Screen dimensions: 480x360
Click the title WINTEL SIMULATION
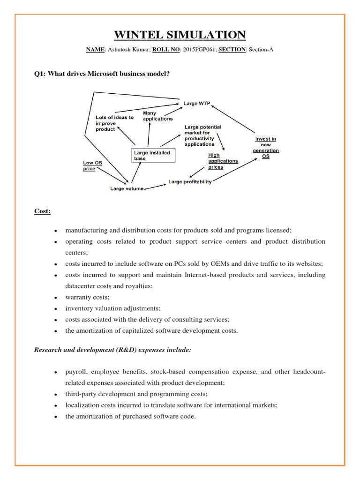click(180, 35)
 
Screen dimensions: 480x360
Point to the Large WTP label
click(196, 103)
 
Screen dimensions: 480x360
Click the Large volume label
click(127, 188)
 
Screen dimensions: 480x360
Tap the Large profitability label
click(190, 181)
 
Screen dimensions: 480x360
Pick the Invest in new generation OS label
click(266, 148)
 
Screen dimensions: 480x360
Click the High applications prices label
click(223, 161)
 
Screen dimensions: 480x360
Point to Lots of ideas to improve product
click(114, 123)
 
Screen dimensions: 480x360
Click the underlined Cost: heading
click(42, 211)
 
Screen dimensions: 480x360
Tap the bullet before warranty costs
click(56, 298)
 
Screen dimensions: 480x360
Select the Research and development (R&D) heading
click(112, 350)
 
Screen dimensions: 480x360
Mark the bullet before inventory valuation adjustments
click(56, 309)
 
